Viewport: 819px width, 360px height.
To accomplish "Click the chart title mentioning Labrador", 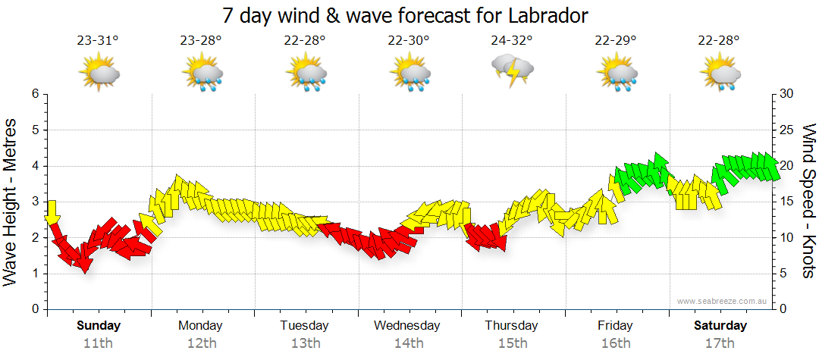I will click(x=406, y=15).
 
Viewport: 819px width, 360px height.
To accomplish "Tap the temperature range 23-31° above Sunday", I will click(x=99, y=40).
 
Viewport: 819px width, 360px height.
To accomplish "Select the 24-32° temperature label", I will click(x=513, y=40).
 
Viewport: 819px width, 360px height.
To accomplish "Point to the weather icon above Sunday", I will click(x=99, y=74).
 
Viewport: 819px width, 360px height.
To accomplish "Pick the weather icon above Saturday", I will click(x=720, y=74).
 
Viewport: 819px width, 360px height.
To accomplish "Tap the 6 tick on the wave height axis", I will click(x=34, y=94).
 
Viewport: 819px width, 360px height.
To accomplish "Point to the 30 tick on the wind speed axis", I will click(x=788, y=94).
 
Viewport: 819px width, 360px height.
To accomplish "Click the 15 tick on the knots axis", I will click(x=788, y=202).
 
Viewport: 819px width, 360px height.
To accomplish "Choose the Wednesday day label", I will click(x=407, y=326).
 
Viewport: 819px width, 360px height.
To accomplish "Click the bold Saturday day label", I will click(x=720, y=326).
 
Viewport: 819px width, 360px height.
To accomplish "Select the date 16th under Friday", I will click(x=615, y=343).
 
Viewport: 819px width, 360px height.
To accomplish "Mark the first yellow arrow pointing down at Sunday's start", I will click(x=52, y=212).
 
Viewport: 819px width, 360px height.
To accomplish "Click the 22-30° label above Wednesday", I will click(x=409, y=40).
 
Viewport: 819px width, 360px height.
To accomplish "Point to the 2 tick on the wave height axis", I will click(x=34, y=238).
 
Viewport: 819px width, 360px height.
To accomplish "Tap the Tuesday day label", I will click(x=304, y=326).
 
